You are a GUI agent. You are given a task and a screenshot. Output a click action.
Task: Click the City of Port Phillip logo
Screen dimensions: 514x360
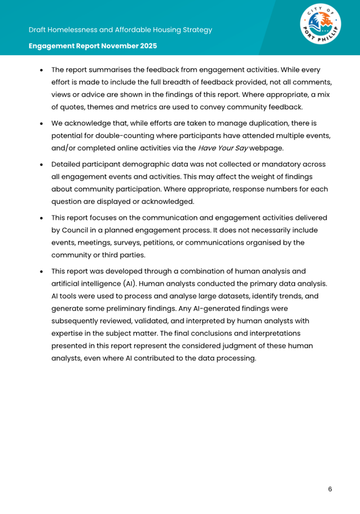tap(321, 27)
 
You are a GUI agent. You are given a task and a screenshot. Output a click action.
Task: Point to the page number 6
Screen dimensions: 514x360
tap(330, 489)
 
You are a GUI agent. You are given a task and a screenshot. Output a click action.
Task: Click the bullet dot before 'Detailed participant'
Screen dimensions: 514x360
tap(41, 165)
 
